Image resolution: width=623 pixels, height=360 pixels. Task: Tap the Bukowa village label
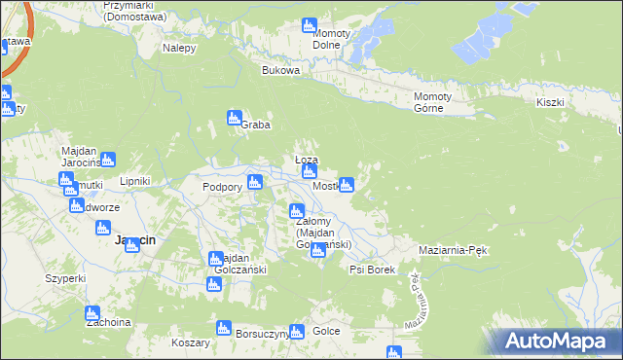280,71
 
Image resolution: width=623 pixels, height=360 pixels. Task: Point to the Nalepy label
180,48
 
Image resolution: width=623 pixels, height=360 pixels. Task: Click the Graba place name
255,125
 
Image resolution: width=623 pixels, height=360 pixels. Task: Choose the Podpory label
220,187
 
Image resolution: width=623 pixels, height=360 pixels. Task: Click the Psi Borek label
372,270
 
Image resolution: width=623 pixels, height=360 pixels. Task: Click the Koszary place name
190,343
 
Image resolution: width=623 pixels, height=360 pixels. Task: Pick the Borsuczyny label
262,333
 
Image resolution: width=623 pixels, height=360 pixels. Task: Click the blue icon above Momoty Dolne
310,24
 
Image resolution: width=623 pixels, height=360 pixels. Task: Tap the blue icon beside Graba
234,118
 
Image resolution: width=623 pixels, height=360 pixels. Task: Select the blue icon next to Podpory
255,182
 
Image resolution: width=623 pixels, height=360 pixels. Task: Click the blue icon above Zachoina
92,314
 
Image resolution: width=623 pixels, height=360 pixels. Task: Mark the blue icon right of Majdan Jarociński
108,159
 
